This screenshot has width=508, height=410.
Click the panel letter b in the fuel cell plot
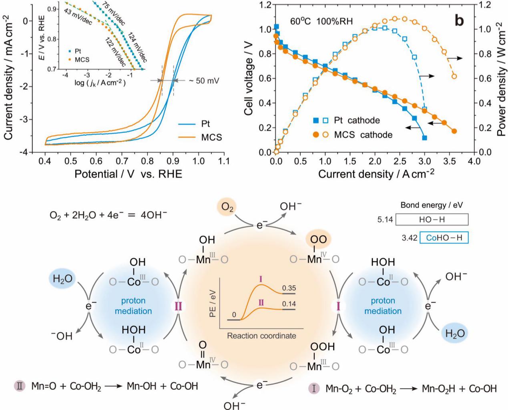coord(460,20)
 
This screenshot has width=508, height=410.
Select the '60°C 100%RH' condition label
coord(321,21)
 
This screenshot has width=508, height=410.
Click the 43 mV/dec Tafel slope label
coord(77,17)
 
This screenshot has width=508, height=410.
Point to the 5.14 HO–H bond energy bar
coord(432,219)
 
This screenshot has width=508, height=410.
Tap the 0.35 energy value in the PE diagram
coord(289,288)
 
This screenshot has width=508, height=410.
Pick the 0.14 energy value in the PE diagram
coord(289,304)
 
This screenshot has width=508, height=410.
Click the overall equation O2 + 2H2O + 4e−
coord(108,215)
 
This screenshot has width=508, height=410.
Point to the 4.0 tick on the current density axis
coord(474,162)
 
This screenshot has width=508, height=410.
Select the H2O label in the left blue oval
coord(62,279)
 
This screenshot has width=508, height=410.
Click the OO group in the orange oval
coord(318,240)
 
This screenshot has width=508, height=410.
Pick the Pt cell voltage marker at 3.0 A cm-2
coord(424,138)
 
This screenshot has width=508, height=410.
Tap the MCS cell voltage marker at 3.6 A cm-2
coord(454,131)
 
